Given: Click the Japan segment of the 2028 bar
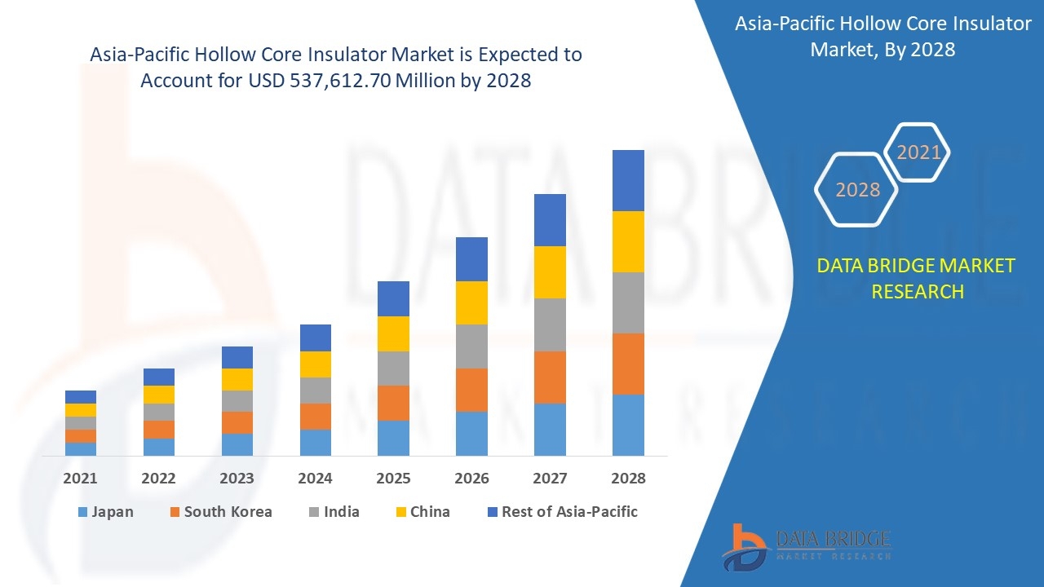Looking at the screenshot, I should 628,425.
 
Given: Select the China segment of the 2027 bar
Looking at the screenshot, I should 550,272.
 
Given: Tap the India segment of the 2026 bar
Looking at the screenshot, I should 471,346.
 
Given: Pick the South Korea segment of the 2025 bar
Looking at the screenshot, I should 393,403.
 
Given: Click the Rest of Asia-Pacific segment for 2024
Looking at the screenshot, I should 316,338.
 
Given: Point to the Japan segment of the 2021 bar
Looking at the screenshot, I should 81,448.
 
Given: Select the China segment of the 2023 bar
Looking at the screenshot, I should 237,379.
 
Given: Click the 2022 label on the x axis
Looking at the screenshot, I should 158,479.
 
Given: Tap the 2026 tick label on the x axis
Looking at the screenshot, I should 471,479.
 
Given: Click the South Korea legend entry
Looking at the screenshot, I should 220,512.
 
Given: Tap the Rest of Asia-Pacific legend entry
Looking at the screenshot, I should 562,512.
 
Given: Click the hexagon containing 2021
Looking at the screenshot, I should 918,152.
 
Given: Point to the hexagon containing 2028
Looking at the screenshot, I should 857,190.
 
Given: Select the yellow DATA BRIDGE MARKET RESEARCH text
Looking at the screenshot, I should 916,278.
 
